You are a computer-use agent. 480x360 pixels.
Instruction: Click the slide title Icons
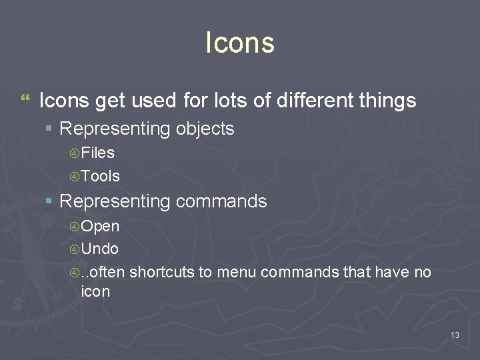point(240,43)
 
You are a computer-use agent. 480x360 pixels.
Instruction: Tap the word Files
point(97,153)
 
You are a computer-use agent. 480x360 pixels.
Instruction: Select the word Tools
point(100,176)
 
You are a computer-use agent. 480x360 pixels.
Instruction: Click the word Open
point(100,227)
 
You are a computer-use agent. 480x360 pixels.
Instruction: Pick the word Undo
point(100,249)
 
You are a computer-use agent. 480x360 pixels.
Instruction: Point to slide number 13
point(455,335)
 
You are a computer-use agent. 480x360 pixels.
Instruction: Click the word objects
point(205,129)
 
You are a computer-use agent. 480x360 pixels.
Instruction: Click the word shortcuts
point(158,272)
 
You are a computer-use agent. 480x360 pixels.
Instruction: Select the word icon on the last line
point(95,291)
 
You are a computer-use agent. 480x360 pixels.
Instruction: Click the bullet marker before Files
point(75,154)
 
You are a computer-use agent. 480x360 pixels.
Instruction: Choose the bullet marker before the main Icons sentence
point(25,99)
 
